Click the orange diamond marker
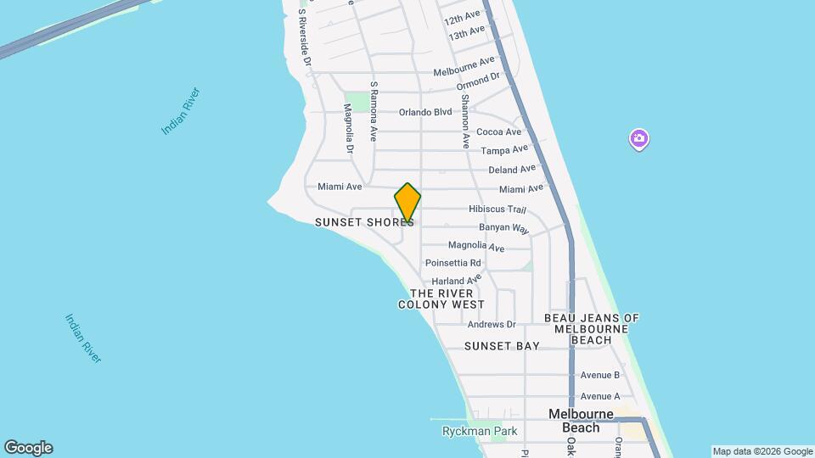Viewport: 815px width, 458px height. pyautogui.click(x=407, y=204)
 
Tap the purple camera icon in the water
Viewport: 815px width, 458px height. pyautogui.click(x=638, y=138)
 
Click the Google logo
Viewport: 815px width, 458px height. pyautogui.click(x=28, y=448)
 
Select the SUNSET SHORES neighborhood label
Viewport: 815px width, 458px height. pyautogui.click(x=364, y=222)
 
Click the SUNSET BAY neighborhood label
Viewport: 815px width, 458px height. pyautogui.click(x=502, y=346)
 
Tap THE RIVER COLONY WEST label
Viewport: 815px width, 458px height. pyautogui.click(x=441, y=299)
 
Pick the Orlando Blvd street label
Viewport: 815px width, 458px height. pyautogui.click(x=426, y=112)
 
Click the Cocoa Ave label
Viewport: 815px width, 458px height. pyautogui.click(x=498, y=131)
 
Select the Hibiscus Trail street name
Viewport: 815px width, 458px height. pyautogui.click(x=497, y=209)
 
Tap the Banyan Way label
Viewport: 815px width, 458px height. pyautogui.click(x=503, y=229)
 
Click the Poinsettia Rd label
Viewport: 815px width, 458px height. pyautogui.click(x=453, y=263)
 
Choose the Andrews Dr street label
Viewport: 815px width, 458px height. pyautogui.click(x=492, y=324)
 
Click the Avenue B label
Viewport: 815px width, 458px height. pyautogui.click(x=600, y=375)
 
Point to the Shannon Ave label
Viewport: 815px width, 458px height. pyautogui.click(x=465, y=122)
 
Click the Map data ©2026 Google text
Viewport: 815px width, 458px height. pyautogui.click(x=762, y=451)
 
